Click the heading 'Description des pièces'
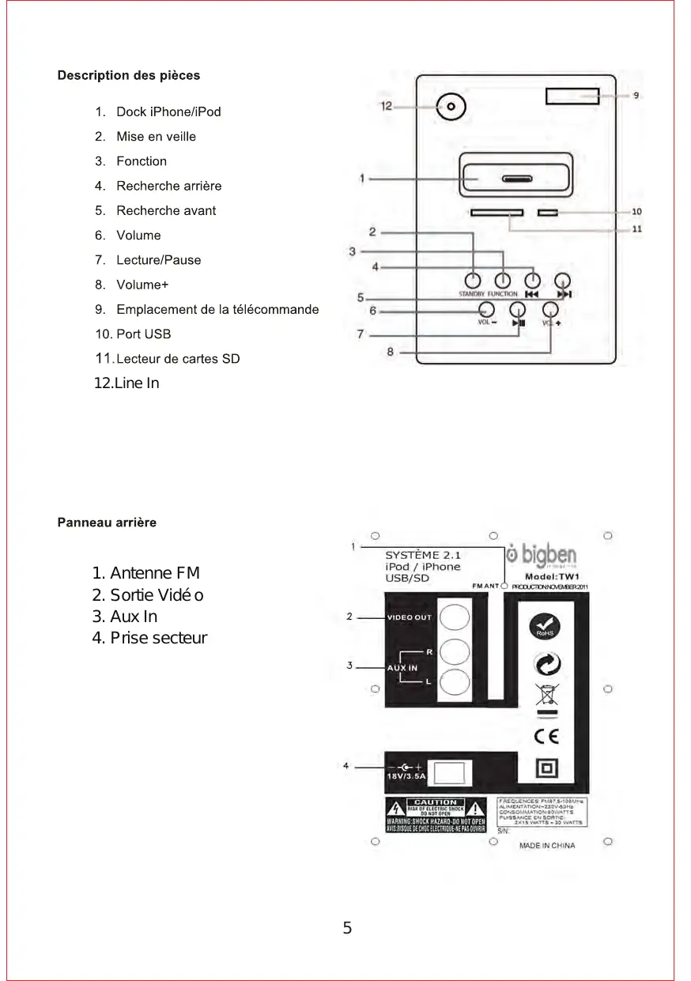click(129, 76)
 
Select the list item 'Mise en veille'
click(156, 136)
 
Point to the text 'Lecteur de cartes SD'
click(178, 359)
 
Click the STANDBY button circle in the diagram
click(472, 280)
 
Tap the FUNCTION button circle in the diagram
click(503, 280)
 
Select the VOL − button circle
click(487, 310)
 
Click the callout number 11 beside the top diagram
click(636, 229)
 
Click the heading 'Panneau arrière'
click(107, 523)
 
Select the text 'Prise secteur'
click(158, 638)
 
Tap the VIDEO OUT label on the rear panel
click(409, 617)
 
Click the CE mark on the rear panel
click(546, 736)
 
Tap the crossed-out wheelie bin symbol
click(546, 694)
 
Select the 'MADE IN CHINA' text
click(547, 846)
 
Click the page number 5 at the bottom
click(347, 929)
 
